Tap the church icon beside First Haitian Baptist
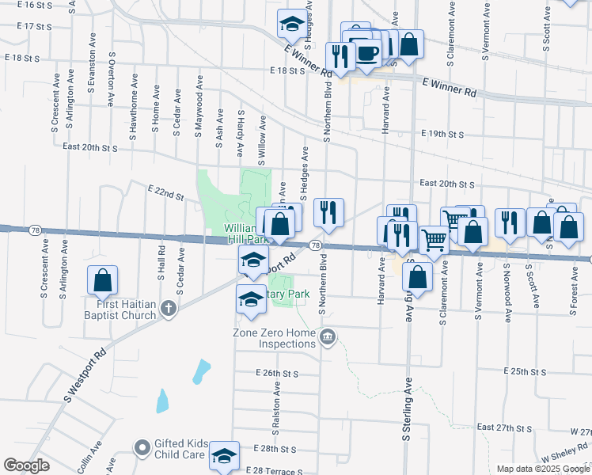(x=168, y=310)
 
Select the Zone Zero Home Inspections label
(x=275, y=338)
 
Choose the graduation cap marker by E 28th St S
(x=224, y=455)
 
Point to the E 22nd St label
(x=165, y=192)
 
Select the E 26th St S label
(x=276, y=373)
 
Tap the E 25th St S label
(x=526, y=371)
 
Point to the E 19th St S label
(x=443, y=134)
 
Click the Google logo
(x=26, y=465)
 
